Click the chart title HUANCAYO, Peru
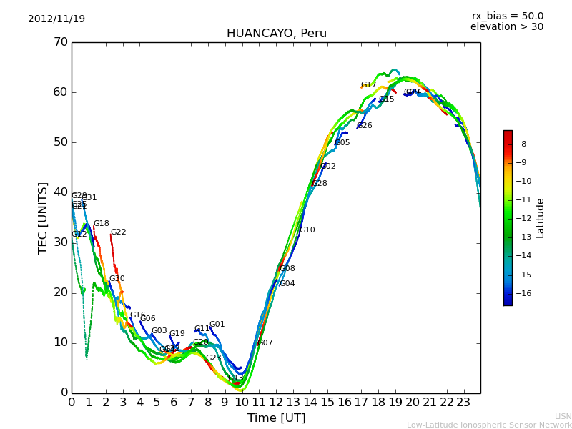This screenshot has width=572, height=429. click(x=276, y=34)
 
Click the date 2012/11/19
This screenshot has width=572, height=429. click(x=56, y=19)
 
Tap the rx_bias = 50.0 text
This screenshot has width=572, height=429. click(x=507, y=16)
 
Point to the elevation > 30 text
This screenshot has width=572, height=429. click(x=506, y=27)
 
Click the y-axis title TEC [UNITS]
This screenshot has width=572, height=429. click(x=43, y=217)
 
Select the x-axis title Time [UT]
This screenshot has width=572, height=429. click(x=276, y=418)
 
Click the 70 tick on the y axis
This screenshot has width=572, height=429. click(x=60, y=42)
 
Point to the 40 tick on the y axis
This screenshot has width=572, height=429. click(x=60, y=192)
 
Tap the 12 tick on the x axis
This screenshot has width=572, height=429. click(x=276, y=403)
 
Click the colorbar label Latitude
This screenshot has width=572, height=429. click(x=541, y=218)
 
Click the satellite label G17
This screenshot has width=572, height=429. click(x=368, y=85)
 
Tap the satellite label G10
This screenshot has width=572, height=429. click(x=307, y=230)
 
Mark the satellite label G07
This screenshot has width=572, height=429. click(x=265, y=343)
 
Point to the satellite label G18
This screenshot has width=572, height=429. click(x=101, y=224)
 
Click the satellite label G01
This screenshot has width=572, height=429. click(x=217, y=325)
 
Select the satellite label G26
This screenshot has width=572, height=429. click(x=364, y=126)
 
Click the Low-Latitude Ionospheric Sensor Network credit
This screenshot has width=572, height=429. click(x=489, y=425)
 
